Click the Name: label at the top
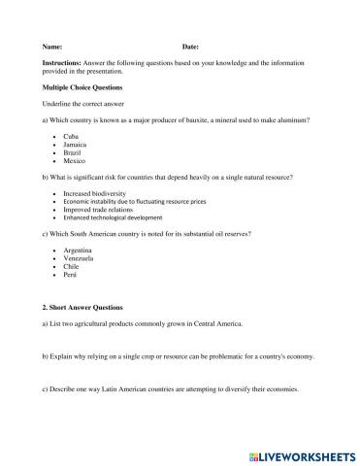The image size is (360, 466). [x=52, y=47]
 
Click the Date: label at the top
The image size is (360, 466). [x=190, y=47]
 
